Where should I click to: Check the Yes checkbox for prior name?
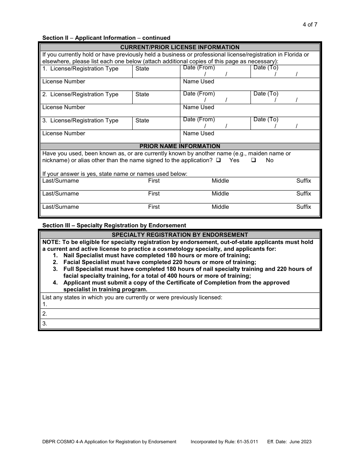[219, 160]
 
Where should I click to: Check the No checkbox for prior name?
[254, 160]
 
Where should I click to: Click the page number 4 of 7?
[310, 25]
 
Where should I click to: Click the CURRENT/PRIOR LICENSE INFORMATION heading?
[180, 47]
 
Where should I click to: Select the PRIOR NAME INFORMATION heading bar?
[180, 146]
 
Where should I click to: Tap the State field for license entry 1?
[156, 71]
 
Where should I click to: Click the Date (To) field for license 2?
[285, 97]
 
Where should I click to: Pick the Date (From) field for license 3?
[215, 123]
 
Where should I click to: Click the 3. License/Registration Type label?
[80, 120]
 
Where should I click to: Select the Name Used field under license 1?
[249, 84]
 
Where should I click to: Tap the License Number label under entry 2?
[64, 107]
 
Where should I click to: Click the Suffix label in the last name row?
[304, 207]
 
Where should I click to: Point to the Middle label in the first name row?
[220, 181]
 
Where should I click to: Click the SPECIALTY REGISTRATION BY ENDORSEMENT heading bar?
[180, 235]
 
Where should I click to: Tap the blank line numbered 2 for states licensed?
[180, 314]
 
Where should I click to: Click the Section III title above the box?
[114, 225]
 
